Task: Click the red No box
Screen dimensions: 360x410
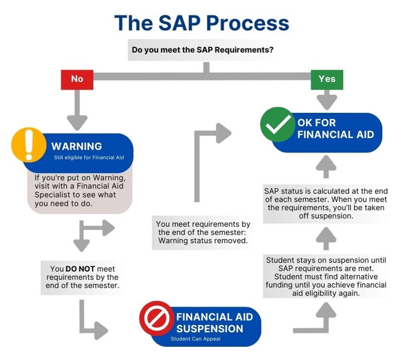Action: point(77,79)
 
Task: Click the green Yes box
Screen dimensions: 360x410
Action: point(326,79)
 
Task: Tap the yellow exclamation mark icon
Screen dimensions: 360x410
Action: point(29,144)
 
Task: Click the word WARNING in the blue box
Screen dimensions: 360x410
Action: point(76,146)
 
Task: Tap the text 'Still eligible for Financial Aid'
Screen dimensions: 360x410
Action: point(89,157)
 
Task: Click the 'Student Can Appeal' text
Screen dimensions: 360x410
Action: point(195,339)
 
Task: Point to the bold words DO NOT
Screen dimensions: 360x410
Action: point(80,269)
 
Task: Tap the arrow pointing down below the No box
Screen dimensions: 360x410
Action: point(77,113)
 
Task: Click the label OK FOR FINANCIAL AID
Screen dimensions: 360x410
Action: point(335,128)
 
